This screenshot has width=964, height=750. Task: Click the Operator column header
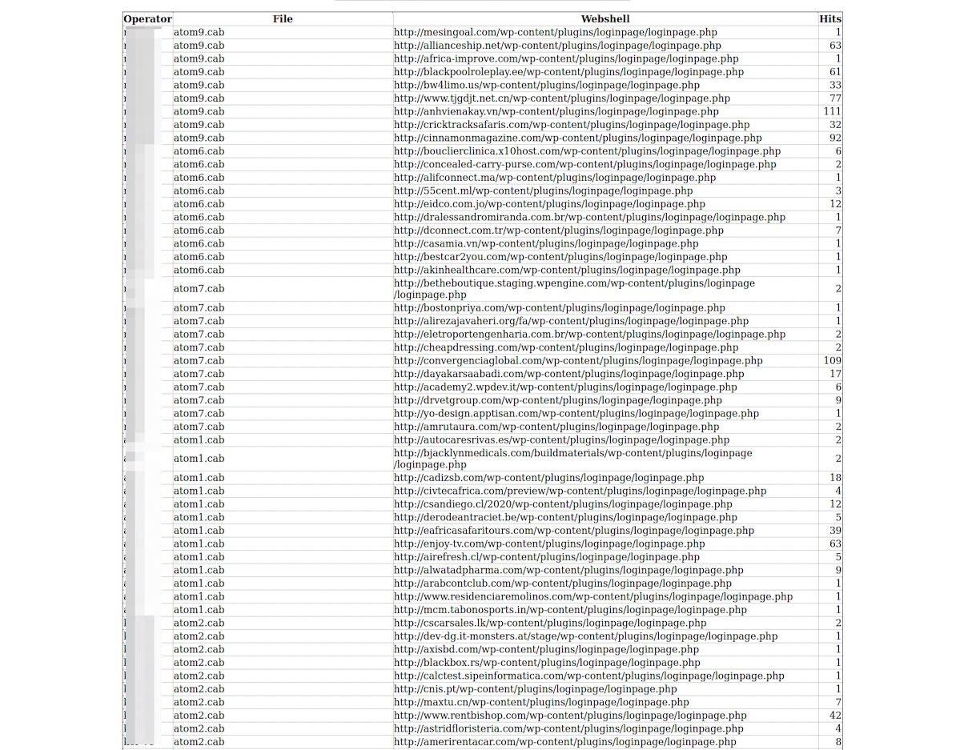(147, 19)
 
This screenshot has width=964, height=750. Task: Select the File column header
(283, 19)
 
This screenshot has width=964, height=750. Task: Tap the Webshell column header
(605, 19)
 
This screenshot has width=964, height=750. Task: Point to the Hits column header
(830, 19)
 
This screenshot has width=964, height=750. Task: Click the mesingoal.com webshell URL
(555, 33)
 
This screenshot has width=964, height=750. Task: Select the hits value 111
(832, 112)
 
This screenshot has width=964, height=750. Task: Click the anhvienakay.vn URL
(556, 112)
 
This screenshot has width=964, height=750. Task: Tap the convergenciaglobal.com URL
(578, 361)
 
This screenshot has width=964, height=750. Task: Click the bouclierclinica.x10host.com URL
(587, 151)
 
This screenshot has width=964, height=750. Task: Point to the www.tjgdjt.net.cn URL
(561, 98)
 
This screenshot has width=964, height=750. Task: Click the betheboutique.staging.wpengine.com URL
(574, 289)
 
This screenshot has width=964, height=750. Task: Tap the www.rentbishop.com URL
(570, 716)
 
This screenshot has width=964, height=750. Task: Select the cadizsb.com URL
(548, 478)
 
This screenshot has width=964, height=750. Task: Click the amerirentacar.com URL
(564, 742)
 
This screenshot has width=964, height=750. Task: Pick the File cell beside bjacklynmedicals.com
(199, 459)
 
